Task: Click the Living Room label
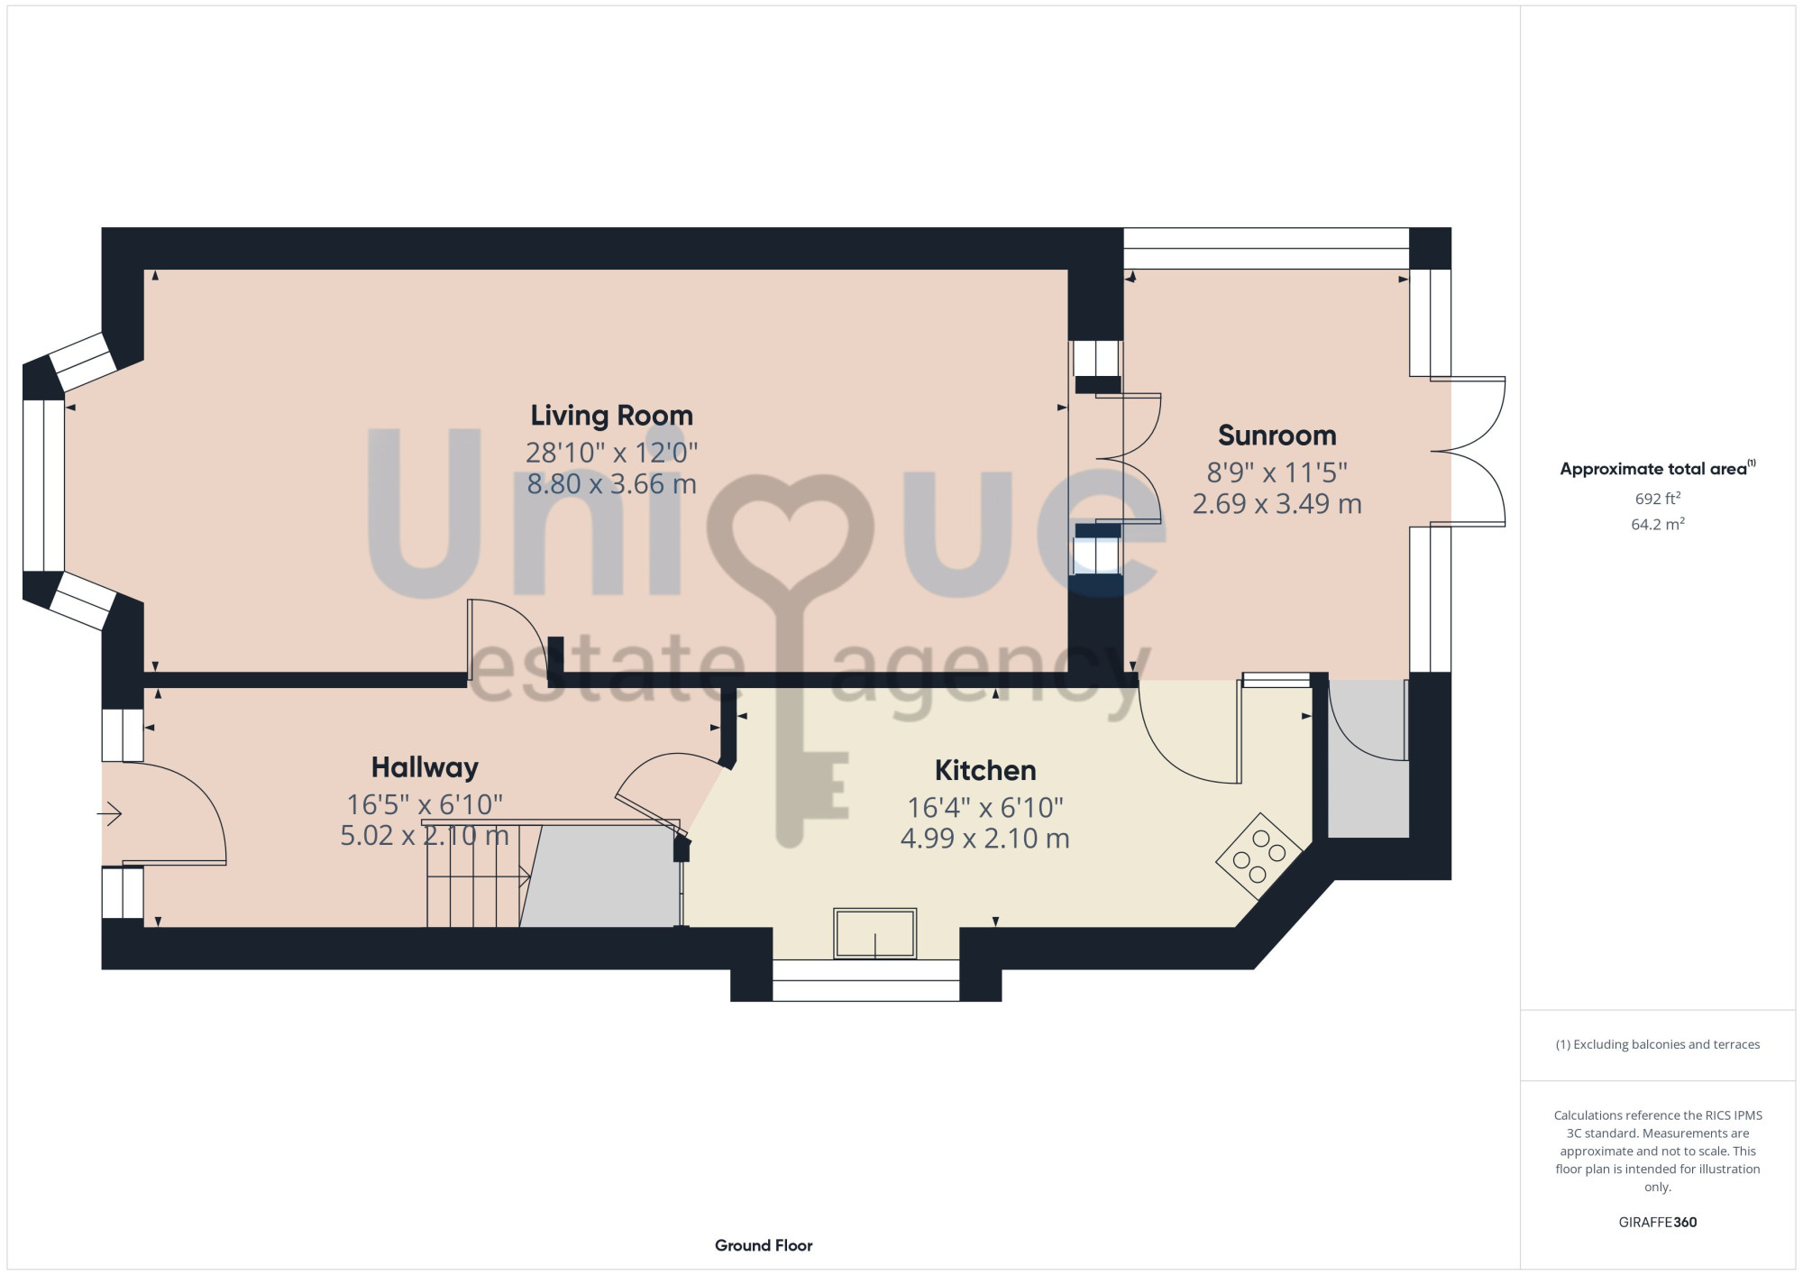(611, 416)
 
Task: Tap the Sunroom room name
(1277, 436)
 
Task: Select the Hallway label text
(425, 767)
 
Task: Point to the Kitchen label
(985, 770)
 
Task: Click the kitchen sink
(874, 932)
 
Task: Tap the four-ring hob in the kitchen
(1259, 856)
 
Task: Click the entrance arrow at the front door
(110, 814)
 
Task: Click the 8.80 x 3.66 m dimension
(611, 484)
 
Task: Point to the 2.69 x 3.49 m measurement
(1277, 504)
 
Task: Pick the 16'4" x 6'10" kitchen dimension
(985, 807)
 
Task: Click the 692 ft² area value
(1657, 498)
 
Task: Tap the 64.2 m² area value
(1657, 524)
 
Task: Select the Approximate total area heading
(1657, 468)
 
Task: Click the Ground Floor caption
(764, 1245)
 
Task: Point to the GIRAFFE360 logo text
(1657, 1223)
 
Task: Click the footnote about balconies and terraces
(1657, 1044)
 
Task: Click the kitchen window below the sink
(865, 980)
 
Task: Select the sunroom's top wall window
(1266, 248)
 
